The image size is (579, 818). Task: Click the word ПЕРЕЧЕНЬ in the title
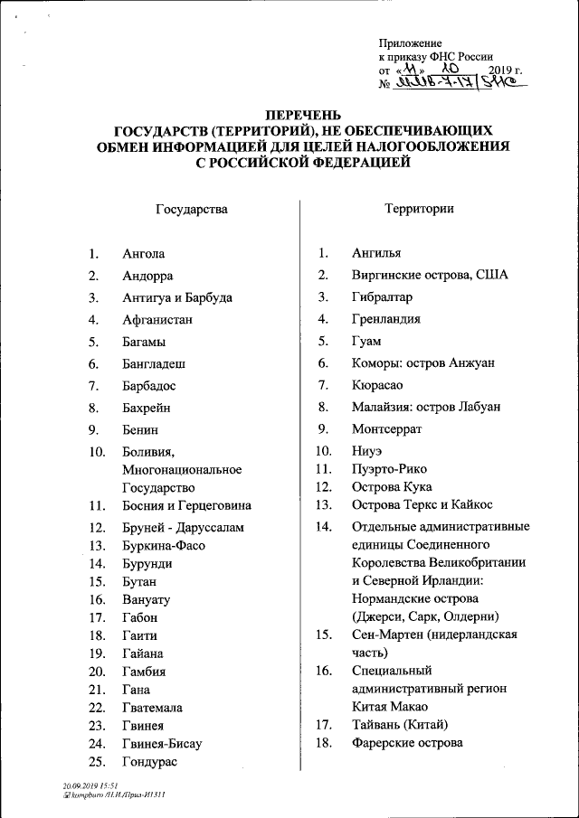[x=303, y=115]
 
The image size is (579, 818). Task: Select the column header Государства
[x=192, y=209]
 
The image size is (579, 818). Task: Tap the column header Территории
[x=418, y=209]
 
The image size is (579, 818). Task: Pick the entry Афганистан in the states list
[x=157, y=320]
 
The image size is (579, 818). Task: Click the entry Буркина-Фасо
[x=164, y=545]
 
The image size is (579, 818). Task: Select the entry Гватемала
[x=156, y=708]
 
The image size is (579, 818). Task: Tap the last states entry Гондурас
[x=150, y=762]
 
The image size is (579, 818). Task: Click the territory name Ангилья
[x=376, y=254]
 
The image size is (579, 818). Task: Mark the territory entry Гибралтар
[x=382, y=297]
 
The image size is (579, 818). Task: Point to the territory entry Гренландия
[x=386, y=320]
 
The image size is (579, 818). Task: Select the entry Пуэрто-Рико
[x=389, y=469]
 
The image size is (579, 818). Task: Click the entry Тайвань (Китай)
[x=399, y=725]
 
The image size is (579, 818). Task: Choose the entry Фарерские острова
[x=407, y=743]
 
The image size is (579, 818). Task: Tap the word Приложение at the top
[x=410, y=43]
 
